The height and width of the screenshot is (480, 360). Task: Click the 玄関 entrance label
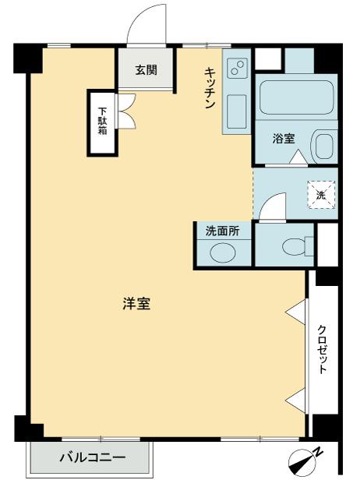point(146,70)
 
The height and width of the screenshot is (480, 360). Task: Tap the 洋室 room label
point(136,305)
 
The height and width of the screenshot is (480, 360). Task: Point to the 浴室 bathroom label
point(283,139)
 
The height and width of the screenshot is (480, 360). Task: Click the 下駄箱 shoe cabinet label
point(102,115)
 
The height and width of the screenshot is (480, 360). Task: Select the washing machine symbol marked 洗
point(321,195)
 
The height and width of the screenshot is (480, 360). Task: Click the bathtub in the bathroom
point(295,100)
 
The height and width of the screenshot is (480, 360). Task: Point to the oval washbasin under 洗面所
point(224,254)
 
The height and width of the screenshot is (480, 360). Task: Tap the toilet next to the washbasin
point(292,246)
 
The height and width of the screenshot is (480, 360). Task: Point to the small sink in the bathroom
point(323,146)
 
